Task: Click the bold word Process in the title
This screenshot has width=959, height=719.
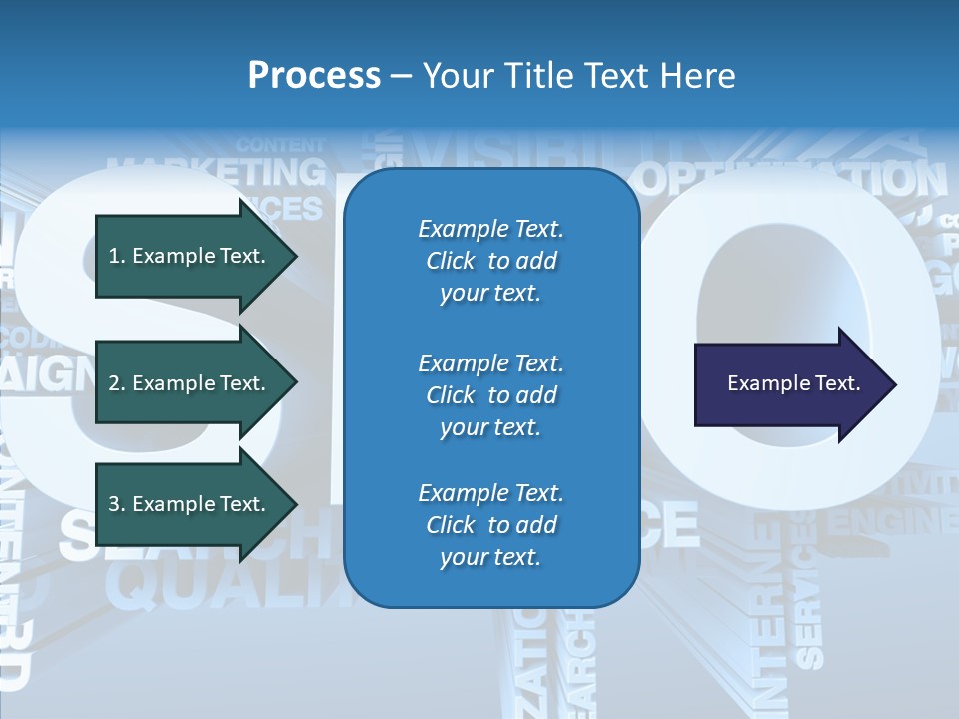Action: pos(314,76)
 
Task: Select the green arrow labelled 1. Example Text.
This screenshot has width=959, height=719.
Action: pos(190,256)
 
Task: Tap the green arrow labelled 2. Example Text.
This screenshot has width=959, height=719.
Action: pos(190,383)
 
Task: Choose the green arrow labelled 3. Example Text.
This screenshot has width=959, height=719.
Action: pos(190,504)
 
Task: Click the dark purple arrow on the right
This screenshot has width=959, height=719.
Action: pos(789,383)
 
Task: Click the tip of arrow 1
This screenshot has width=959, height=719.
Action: pos(294,256)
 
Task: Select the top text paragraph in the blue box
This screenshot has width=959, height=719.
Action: pos(490,261)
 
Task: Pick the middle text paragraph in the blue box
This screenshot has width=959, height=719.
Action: pos(490,394)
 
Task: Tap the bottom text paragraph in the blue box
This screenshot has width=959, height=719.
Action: pos(490,525)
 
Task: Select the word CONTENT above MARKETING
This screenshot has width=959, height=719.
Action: pos(281,145)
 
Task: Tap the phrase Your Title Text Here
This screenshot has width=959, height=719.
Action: pos(578,76)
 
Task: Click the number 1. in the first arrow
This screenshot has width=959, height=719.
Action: pos(117,256)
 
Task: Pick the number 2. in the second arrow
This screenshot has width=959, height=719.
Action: pos(117,383)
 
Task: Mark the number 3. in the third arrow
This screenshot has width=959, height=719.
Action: pos(117,504)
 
